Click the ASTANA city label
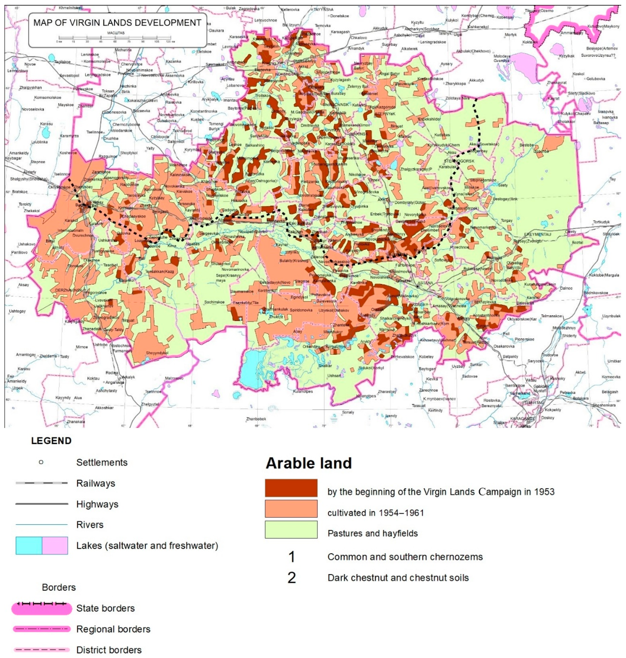425,283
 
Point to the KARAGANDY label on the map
522,418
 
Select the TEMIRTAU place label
534,402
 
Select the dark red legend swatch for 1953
291,488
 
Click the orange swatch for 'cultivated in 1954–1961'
291,508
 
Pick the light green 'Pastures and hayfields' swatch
291,529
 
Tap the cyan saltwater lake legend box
29,546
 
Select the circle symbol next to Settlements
41,462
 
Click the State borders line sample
42,608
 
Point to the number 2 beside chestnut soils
291,578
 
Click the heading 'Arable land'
309,463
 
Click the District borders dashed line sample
42,650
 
